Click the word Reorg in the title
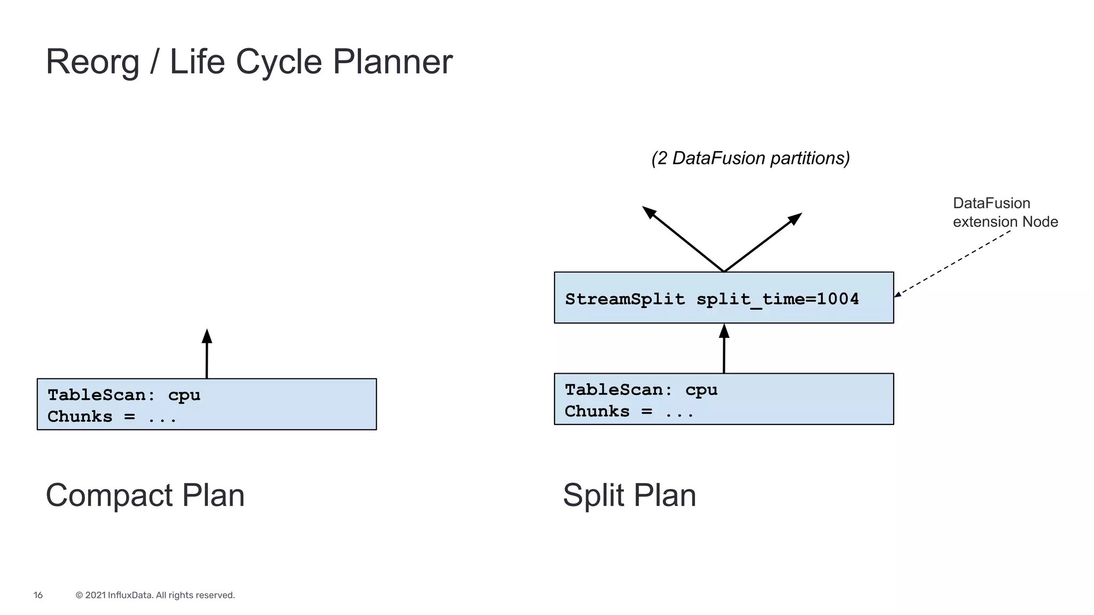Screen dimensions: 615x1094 (92, 62)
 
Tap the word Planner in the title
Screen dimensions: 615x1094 (392, 62)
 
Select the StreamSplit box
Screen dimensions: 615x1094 (723, 298)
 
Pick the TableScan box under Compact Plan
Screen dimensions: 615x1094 (207, 405)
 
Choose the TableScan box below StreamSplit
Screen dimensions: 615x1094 (723, 399)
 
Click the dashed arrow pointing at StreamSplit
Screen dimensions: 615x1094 (954, 263)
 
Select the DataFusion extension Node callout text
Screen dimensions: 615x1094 (1004, 212)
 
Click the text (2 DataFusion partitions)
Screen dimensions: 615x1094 (751, 159)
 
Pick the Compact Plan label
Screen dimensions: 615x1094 (145, 495)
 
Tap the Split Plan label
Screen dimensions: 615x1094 (629, 495)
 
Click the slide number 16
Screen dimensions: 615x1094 (38, 595)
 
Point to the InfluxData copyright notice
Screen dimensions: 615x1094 (155, 595)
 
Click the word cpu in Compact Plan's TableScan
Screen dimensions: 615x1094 (184, 396)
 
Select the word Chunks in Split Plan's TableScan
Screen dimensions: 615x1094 (597, 412)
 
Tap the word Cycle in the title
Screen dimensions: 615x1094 (278, 62)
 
